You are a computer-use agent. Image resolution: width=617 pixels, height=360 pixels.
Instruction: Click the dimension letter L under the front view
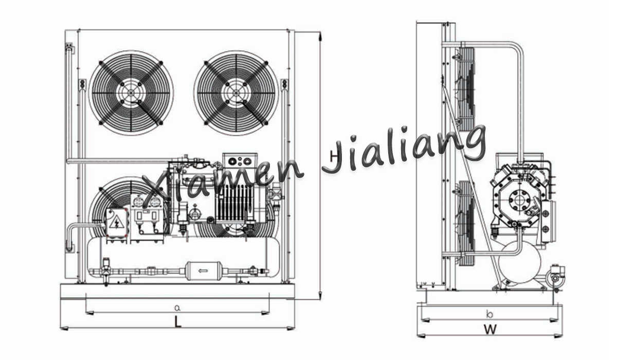point(178,321)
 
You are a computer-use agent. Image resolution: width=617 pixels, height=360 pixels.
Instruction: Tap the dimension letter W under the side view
point(491,329)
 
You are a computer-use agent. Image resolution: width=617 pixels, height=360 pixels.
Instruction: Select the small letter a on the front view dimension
point(177,308)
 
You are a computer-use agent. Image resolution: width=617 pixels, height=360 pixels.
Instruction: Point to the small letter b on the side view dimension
point(489,313)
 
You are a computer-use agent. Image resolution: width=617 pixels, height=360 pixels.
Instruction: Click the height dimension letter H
point(334,157)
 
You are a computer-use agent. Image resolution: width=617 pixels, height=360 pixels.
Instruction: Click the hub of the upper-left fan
point(131,92)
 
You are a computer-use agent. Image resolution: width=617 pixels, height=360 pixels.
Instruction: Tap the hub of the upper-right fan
point(236,93)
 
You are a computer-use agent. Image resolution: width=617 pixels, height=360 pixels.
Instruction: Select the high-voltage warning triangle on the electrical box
point(117,223)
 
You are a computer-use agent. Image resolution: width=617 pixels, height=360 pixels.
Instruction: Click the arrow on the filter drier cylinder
point(203,271)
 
